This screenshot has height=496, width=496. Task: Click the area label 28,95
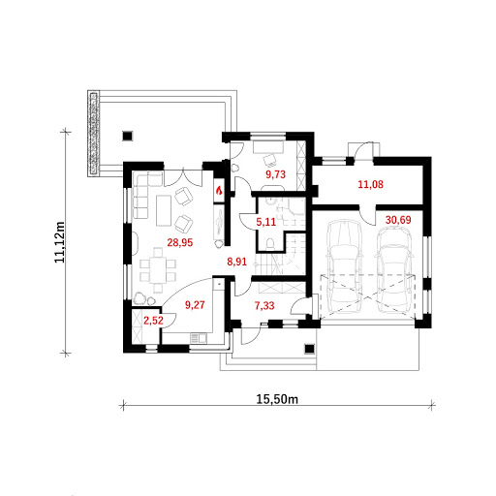click(180, 242)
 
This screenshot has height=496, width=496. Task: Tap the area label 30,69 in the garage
click(398, 220)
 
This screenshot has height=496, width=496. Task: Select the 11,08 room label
click(371, 184)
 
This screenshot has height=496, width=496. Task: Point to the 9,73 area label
click(275, 174)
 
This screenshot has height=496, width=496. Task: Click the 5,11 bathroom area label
click(266, 222)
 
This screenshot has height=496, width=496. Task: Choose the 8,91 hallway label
click(236, 262)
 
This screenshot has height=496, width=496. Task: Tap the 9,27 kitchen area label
click(195, 305)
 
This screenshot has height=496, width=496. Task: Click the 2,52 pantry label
click(153, 321)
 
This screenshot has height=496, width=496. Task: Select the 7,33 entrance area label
click(264, 305)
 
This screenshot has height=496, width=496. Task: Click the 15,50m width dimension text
click(277, 399)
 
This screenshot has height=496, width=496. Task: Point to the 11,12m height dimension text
click(60, 242)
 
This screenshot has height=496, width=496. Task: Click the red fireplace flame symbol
click(219, 191)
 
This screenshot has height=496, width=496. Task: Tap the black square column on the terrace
click(128, 136)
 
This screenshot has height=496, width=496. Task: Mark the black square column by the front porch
click(310, 349)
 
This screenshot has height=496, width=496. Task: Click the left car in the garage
click(344, 266)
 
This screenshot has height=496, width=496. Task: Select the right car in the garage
click(394, 270)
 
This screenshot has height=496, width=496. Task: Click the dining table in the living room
click(158, 270)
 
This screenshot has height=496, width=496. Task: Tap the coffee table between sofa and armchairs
click(164, 210)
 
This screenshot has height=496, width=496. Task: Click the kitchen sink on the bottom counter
click(199, 338)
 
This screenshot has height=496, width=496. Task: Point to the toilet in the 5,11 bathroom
click(270, 243)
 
